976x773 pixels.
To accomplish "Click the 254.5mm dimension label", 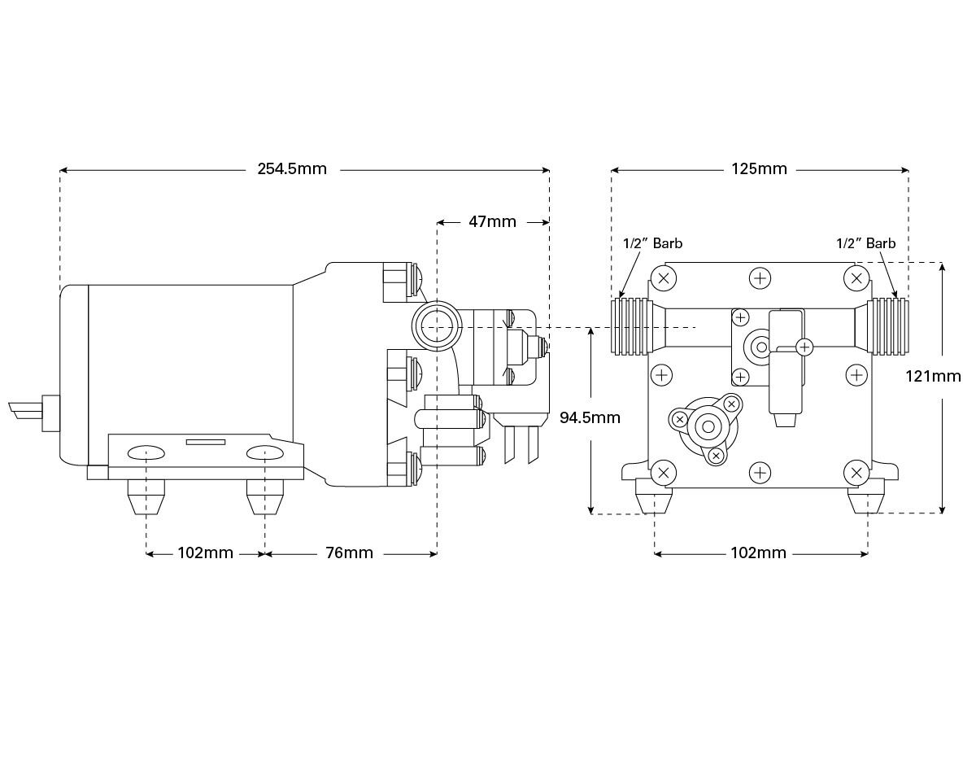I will pos(292,169).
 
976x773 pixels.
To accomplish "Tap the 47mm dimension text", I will pos(492,221).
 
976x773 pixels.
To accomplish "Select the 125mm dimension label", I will pos(759,169).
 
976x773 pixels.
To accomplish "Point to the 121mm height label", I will pos(933,376).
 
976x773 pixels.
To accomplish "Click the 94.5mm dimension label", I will pos(590,417).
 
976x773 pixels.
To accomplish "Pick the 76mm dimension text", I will pos(349,553).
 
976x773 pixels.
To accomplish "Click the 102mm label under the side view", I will pos(205,553).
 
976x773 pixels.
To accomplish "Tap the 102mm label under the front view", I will pos(759,553).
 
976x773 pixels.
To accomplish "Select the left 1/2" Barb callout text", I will pos(652,243).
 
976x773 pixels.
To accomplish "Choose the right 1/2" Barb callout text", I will pos(865,243).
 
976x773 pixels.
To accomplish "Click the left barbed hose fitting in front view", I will pos(632,326).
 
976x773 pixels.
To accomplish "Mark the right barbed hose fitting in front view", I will pos(887,326).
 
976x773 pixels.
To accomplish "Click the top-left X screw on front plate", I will pos(664,278).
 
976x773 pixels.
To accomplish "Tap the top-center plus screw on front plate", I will pos(760,278).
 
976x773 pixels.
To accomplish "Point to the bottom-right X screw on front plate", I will pos(856,472).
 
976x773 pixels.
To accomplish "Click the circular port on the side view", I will pos(437,325).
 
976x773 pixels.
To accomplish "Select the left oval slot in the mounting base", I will pos(146,452).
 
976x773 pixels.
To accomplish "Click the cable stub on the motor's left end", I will pos(26,410).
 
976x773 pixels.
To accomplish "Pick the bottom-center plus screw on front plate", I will pos(760,472).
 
